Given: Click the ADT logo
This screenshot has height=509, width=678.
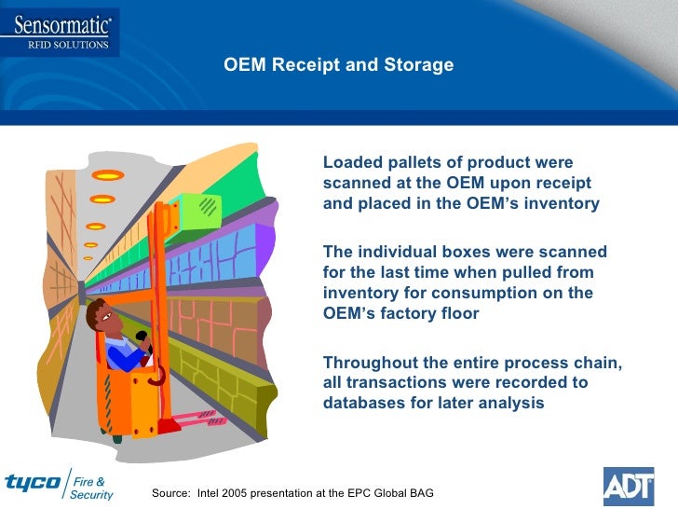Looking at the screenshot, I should point(629,484).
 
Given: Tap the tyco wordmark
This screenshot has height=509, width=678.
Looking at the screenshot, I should point(32,482).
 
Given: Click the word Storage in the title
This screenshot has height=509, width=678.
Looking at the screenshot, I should point(422,65).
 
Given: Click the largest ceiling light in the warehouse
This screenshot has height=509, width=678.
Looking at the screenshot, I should point(107,175).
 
